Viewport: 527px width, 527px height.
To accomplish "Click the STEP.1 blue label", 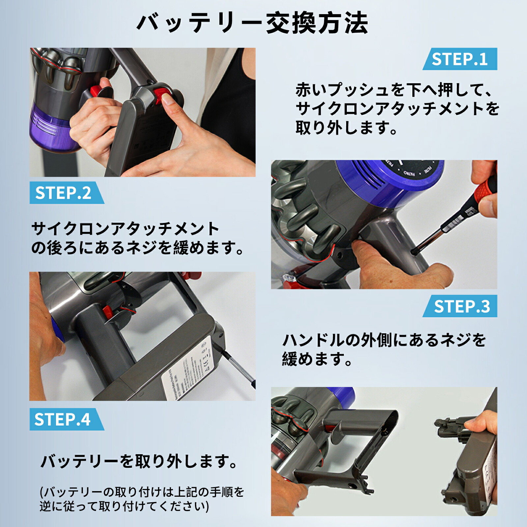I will (x=460, y=59).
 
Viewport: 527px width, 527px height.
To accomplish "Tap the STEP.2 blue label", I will (x=64, y=193).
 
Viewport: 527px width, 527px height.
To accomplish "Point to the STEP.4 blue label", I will (x=63, y=420).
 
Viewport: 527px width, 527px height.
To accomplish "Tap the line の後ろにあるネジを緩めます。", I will (x=138, y=248).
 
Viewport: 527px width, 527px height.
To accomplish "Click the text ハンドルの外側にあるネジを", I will (x=384, y=340).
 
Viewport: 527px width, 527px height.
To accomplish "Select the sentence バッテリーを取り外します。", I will (x=139, y=461).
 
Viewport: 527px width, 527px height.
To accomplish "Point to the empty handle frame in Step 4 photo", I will (x=362, y=455).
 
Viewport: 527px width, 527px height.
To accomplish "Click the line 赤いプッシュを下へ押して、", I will (x=394, y=90).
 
